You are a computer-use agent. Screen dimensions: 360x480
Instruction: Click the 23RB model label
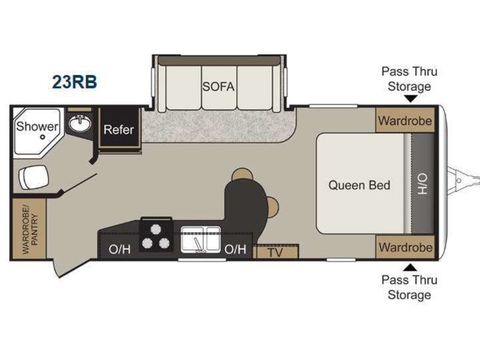(74, 80)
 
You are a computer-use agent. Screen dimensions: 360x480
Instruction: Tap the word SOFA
(218, 86)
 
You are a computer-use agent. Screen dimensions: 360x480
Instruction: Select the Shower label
(37, 126)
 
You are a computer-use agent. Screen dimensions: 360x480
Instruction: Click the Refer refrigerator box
(118, 130)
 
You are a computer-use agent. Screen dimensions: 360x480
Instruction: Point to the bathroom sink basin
(79, 124)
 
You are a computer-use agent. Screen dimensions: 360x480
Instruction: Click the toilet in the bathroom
(30, 176)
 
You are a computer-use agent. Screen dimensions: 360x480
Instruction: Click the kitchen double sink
(201, 239)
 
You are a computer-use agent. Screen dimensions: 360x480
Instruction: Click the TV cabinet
(276, 252)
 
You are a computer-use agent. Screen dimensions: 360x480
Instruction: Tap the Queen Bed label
(359, 184)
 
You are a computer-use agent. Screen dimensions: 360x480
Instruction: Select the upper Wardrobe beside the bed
(405, 120)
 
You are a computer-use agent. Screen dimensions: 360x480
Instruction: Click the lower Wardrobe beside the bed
(405, 247)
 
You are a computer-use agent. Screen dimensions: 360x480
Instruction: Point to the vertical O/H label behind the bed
(423, 184)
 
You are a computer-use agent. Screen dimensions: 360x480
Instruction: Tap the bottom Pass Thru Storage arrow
(410, 267)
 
